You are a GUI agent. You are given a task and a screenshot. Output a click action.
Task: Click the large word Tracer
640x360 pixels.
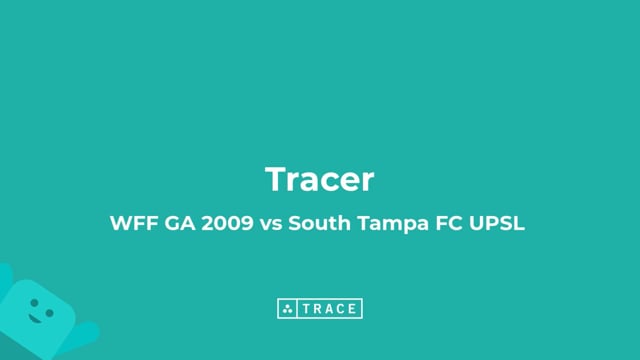[320, 180]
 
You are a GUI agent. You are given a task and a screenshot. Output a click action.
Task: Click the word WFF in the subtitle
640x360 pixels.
[130, 224]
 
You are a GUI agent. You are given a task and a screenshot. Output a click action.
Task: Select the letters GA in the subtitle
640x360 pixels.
[176, 224]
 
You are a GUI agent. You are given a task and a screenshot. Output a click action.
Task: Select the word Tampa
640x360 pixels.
[386, 225]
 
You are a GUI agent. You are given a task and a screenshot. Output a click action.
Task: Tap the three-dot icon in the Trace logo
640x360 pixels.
[287, 309]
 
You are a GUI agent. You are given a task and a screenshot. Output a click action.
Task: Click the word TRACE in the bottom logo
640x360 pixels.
[329, 309]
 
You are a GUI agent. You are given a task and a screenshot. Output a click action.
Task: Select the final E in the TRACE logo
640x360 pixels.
[353, 309]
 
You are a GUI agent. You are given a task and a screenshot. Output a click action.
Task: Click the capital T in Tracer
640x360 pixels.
[277, 180]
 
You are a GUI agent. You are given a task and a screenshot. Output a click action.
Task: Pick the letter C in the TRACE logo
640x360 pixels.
[341, 309]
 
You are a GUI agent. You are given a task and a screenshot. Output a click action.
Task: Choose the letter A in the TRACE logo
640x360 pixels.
[329, 309]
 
